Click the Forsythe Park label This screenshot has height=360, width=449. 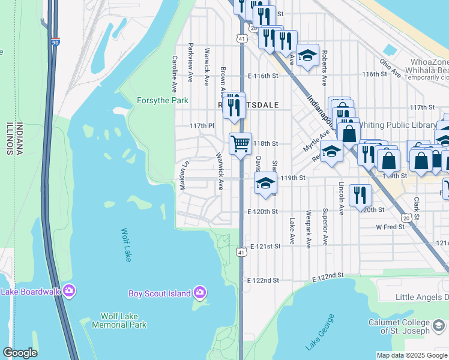163,100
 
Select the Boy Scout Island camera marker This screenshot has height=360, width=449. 200,293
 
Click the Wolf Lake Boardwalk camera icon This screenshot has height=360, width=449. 69,292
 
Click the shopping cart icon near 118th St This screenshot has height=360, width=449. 240,144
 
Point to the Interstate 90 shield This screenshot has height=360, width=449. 56,43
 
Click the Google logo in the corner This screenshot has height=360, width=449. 20,353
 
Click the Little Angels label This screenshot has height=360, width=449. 422,297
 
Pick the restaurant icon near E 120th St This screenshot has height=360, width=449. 360,195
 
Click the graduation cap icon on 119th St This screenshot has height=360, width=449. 264,183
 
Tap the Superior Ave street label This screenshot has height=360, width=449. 325,220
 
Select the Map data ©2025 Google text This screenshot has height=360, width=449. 412,355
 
